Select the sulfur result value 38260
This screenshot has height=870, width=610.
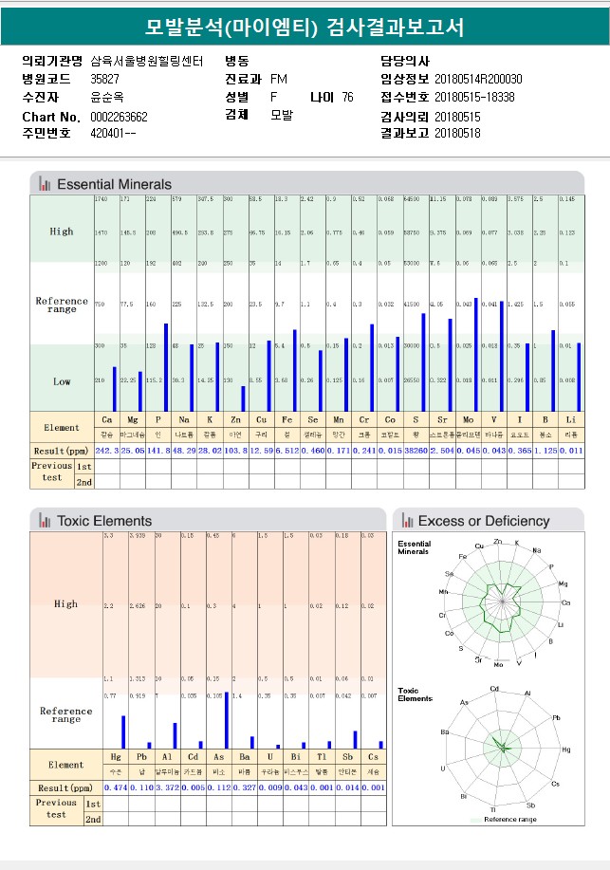[x=415, y=451]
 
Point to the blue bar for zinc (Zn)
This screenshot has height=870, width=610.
[x=242, y=398]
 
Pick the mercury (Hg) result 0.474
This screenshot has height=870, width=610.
[x=115, y=787]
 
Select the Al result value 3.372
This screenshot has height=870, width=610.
[x=167, y=787]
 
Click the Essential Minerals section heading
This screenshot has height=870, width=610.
[x=114, y=184]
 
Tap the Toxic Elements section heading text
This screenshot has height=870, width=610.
[x=103, y=521]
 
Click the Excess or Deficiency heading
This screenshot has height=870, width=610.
[x=483, y=521]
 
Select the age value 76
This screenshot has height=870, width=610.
[x=347, y=97]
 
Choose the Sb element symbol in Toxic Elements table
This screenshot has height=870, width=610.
[x=347, y=756]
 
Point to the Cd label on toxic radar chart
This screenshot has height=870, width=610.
[x=494, y=689]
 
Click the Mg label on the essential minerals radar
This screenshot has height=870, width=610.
[x=563, y=583]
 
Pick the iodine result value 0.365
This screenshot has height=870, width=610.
[x=517, y=451]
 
